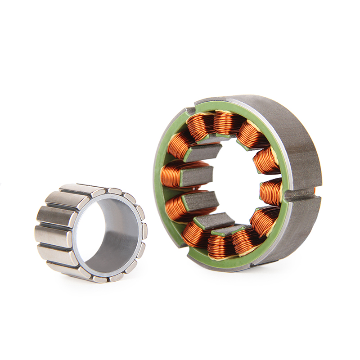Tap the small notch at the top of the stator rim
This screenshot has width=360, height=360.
[x=191, y=110]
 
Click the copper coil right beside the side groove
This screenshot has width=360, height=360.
[x=271, y=191]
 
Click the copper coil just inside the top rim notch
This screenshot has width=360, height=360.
[x=200, y=125]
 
